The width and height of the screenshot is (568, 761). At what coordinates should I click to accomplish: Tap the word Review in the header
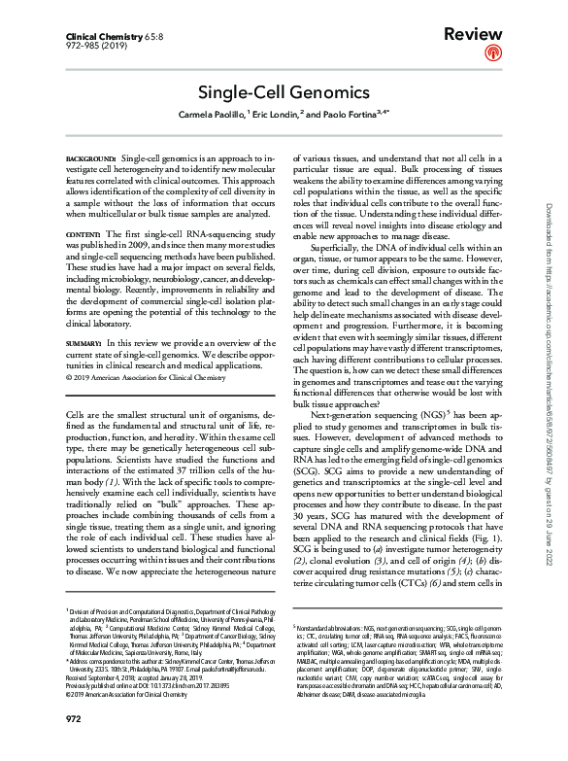(x=473, y=34)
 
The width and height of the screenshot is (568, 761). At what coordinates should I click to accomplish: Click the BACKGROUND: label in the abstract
(x=90, y=156)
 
